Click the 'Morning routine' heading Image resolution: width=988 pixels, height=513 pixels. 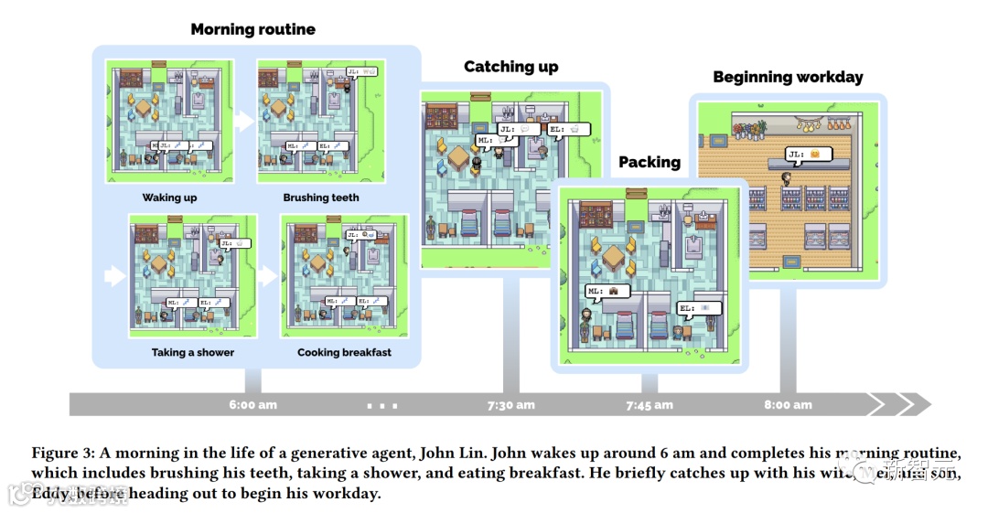(252, 29)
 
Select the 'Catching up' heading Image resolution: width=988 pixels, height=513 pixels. (510, 67)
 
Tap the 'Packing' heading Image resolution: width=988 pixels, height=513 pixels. (650, 162)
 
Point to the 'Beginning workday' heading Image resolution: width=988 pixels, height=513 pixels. (788, 77)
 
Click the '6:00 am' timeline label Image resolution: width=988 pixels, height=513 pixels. (253, 404)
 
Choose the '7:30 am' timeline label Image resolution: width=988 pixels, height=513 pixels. (510, 404)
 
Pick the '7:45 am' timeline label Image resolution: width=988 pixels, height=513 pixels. (650, 404)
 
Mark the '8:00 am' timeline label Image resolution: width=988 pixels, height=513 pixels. (788, 404)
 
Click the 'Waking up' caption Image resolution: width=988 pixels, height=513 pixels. (169, 198)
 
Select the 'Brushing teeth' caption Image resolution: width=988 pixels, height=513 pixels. (321, 198)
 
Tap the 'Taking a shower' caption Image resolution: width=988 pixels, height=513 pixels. (193, 352)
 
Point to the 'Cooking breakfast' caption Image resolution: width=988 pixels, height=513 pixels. (344, 352)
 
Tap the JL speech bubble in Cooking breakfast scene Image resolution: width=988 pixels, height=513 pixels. (361, 235)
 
